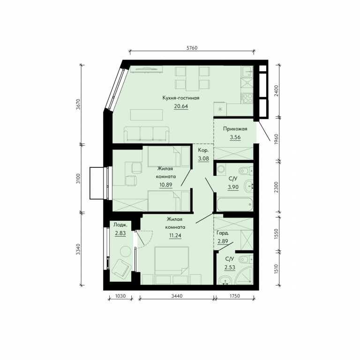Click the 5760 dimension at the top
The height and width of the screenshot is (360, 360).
pos(192,48)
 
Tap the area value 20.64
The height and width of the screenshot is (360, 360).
pos(181,106)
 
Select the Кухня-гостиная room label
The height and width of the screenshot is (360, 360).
pos(181,98)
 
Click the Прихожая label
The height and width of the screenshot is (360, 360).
pos(235,129)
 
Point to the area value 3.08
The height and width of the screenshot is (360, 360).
pos(203,158)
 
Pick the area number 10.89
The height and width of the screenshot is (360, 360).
pos(166,185)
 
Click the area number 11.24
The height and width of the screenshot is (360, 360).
pos(175,235)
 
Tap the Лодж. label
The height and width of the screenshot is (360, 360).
pos(120,225)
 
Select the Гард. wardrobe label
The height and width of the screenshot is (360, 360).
pos(223,233)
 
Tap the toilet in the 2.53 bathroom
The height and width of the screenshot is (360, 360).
pos(246,260)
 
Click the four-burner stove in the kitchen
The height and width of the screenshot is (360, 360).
pos(247,98)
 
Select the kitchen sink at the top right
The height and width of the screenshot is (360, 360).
pos(247,71)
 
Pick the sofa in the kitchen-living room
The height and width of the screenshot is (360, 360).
pos(146,135)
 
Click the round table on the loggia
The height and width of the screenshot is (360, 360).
pos(125,252)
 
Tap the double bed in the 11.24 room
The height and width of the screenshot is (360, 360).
pos(172,261)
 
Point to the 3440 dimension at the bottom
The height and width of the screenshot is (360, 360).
pos(177,296)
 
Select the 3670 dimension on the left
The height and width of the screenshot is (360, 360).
pos(78,104)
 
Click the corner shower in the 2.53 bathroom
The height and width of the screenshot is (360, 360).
pos(245,276)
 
